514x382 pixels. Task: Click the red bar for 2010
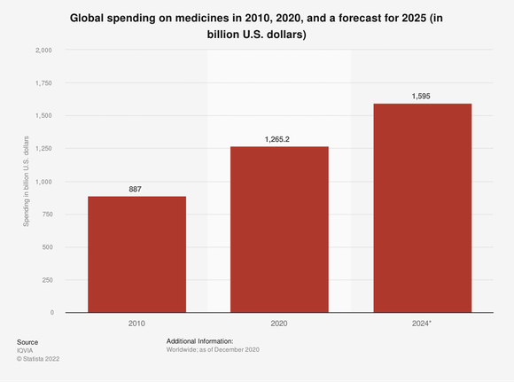(136, 254)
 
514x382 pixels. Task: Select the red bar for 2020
(279, 230)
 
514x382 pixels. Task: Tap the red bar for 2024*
(422, 208)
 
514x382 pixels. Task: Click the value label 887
(136, 190)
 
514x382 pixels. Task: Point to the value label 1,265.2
(279, 140)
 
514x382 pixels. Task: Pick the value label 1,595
(422, 97)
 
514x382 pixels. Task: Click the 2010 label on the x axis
(136, 324)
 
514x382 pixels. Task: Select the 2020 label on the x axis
(279, 324)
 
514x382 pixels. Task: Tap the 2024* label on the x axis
(422, 324)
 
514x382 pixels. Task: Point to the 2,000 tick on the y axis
(43, 51)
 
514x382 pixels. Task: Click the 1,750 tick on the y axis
(43, 83)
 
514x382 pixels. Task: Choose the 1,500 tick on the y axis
(43, 116)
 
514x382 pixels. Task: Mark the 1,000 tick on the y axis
(43, 182)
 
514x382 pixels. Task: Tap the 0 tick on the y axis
(51, 313)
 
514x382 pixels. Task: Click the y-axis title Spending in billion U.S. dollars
(27, 182)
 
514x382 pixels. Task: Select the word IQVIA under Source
(26, 350)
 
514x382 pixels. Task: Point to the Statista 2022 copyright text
(40, 359)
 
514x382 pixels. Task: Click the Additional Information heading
(199, 341)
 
